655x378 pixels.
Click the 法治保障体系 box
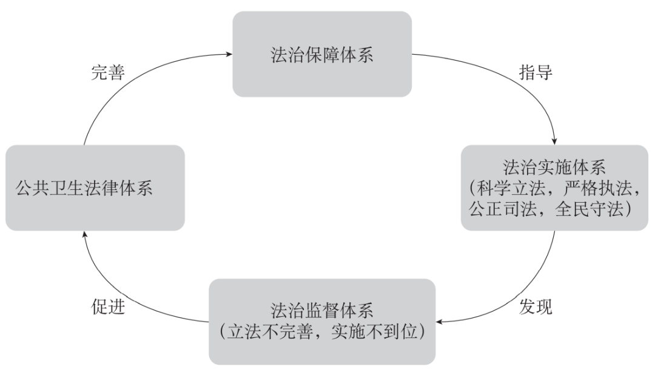click(x=322, y=54)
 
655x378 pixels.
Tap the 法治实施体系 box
click(x=554, y=187)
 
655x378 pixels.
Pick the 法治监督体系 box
click(x=322, y=322)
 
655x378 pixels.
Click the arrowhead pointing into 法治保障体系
click(x=229, y=54)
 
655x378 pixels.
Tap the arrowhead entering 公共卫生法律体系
click(x=84, y=235)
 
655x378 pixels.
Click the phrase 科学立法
click(x=509, y=187)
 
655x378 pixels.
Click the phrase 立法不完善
click(x=266, y=332)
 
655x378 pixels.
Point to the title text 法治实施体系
click(x=554, y=166)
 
